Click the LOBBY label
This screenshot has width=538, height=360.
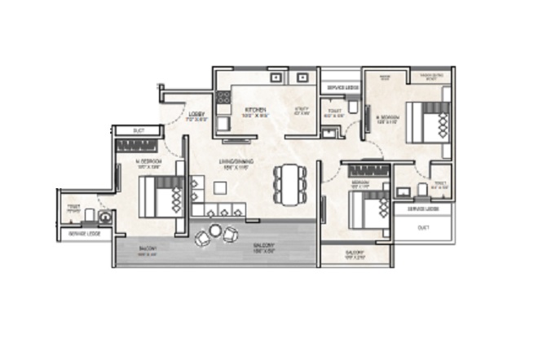coord(196,114)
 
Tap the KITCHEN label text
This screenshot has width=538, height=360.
coord(245,108)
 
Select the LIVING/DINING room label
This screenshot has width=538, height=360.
coord(236,162)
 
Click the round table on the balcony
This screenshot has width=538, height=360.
coord(216,231)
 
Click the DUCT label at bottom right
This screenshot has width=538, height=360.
coord(422,229)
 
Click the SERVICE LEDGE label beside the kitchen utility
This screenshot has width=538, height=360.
coord(342,86)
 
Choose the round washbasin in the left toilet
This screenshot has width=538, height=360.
coord(104,217)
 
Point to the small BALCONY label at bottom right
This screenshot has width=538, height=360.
coord(355,253)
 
